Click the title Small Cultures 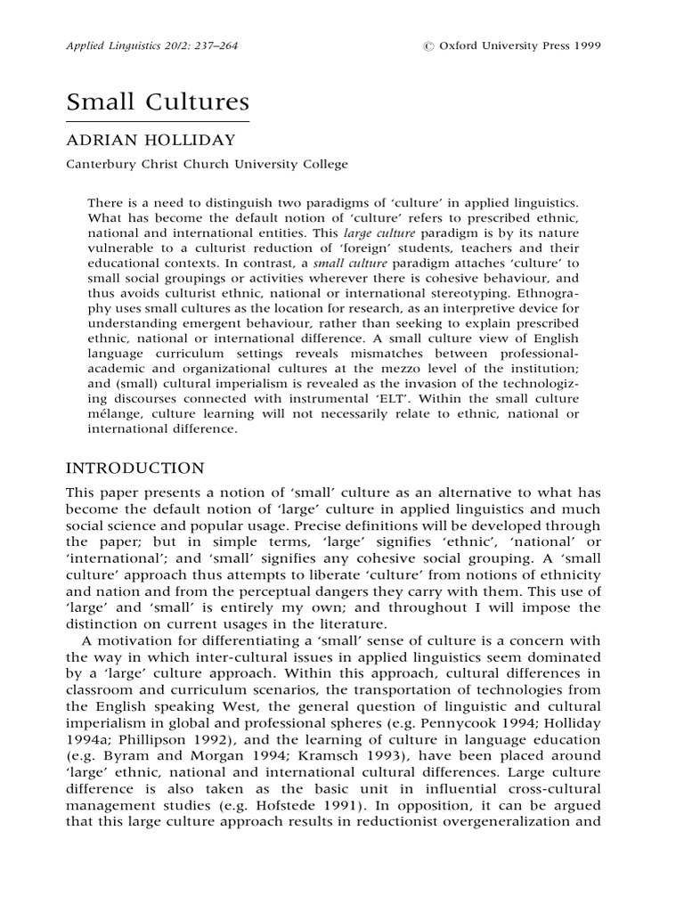[x=158, y=102]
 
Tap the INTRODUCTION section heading [x=135, y=468]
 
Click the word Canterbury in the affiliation [x=103, y=164]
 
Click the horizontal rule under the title [x=158, y=120]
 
